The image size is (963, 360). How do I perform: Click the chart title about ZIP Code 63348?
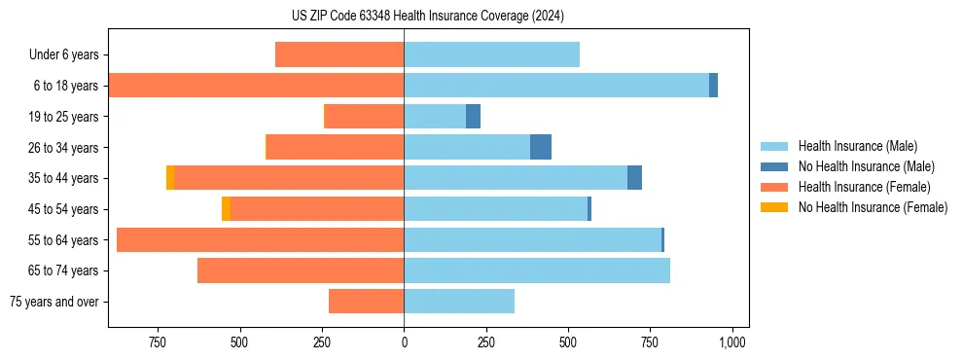pos(428,17)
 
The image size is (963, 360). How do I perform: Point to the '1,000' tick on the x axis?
pos(732,342)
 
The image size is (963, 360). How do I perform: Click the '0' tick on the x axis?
pos(404,342)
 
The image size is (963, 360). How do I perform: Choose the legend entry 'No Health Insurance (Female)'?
pos(873,207)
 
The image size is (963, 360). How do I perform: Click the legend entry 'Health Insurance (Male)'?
pos(857,146)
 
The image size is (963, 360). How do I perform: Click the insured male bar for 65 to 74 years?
pos(537,270)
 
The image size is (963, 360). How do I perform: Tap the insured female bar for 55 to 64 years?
pos(260,240)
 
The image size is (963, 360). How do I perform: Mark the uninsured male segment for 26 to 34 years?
pos(541,147)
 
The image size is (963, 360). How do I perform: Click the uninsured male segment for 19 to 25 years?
pos(473,117)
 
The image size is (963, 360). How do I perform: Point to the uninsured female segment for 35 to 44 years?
pos(170,178)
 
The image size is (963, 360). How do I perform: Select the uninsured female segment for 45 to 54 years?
pos(226,209)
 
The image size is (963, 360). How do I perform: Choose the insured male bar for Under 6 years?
pos(491,54)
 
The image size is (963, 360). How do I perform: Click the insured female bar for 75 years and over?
pos(366,302)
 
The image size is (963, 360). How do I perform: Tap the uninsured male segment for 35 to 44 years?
pos(634,178)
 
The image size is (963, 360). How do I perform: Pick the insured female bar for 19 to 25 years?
pos(364,117)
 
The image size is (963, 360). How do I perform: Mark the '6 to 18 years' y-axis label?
pos(65,86)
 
